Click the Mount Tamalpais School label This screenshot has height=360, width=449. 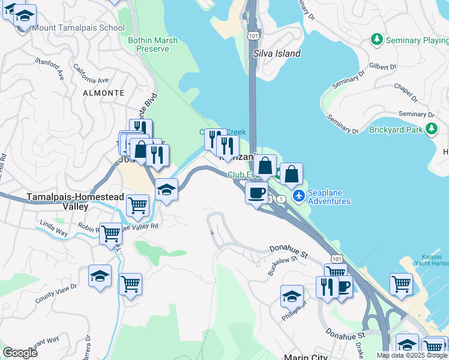[x=78, y=28]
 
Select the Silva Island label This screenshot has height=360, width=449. [x=277, y=53]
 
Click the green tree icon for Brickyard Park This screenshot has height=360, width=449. [x=430, y=128]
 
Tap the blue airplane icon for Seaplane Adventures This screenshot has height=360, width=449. [x=299, y=196]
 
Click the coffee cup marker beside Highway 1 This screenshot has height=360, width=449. [x=256, y=193]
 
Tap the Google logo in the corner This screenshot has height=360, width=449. [x=20, y=353]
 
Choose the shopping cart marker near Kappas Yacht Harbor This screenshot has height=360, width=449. [x=401, y=284]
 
